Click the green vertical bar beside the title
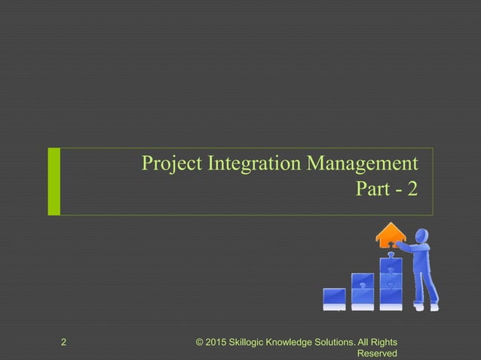(x=54, y=182)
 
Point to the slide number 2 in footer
(x=64, y=343)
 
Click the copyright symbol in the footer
(x=200, y=343)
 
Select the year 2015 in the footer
(x=219, y=343)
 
